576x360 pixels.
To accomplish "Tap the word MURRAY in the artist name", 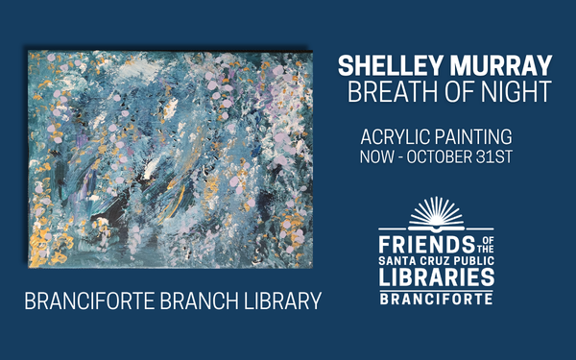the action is pyautogui.click(x=501, y=65).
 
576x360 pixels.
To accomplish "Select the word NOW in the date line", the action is pyautogui.click(x=376, y=156).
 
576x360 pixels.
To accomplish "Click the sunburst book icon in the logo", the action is pyautogui.click(x=437, y=214).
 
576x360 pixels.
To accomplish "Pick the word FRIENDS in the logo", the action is pyautogui.click(x=426, y=244).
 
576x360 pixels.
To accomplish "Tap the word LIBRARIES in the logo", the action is pyautogui.click(x=437, y=276).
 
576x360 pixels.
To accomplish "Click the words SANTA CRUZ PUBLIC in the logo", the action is pyautogui.click(x=437, y=261).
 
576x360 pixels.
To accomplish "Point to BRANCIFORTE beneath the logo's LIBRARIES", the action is pyautogui.click(x=437, y=299).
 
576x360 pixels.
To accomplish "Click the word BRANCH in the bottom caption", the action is pyautogui.click(x=199, y=300).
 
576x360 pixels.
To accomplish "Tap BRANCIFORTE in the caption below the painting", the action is pyautogui.click(x=89, y=300).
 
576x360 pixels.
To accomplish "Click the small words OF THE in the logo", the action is pyautogui.click(x=486, y=245).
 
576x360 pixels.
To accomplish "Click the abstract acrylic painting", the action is pyautogui.click(x=171, y=159).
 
